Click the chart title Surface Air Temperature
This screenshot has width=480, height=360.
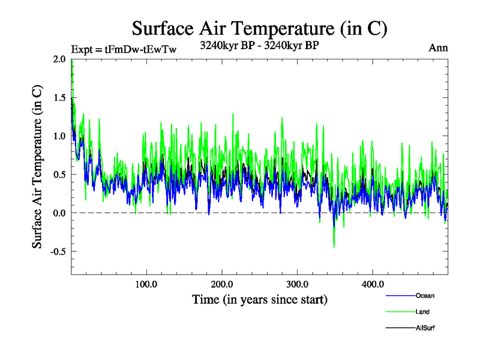(260, 28)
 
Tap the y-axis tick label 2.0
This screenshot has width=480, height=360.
(59, 59)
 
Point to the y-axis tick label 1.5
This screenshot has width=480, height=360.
(59, 97)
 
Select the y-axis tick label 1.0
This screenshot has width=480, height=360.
(59, 136)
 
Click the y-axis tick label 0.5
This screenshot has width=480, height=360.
(59, 175)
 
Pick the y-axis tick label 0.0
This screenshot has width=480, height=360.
(59, 213)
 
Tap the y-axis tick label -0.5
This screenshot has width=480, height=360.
(58, 251)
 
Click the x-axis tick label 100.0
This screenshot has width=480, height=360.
(146, 284)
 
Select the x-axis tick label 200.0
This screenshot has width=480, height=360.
(222, 284)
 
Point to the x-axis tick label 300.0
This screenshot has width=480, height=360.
(298, 284)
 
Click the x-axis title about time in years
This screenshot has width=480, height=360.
(260, 299)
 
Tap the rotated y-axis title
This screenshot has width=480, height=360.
(37, 167)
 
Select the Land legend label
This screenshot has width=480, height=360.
(422, 312)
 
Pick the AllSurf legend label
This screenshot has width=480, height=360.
(424, 328)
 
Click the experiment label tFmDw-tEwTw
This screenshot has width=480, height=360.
(124, 49)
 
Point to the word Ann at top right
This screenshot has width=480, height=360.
(439, 48)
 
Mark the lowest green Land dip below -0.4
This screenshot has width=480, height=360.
(334, 247)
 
